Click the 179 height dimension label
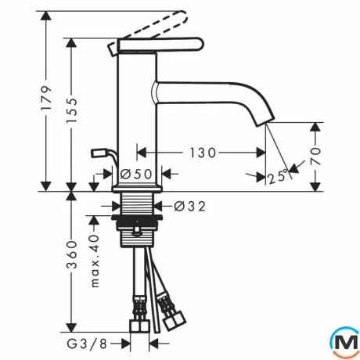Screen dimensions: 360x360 47,98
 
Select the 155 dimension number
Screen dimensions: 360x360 72,110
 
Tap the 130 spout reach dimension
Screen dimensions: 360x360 203,153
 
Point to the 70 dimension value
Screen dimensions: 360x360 315,156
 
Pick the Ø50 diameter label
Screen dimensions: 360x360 136,174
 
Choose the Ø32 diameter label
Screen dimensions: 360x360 189,207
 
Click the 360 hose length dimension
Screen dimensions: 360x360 72,255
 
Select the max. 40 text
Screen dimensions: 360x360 95,261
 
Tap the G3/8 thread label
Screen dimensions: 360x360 87,344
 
